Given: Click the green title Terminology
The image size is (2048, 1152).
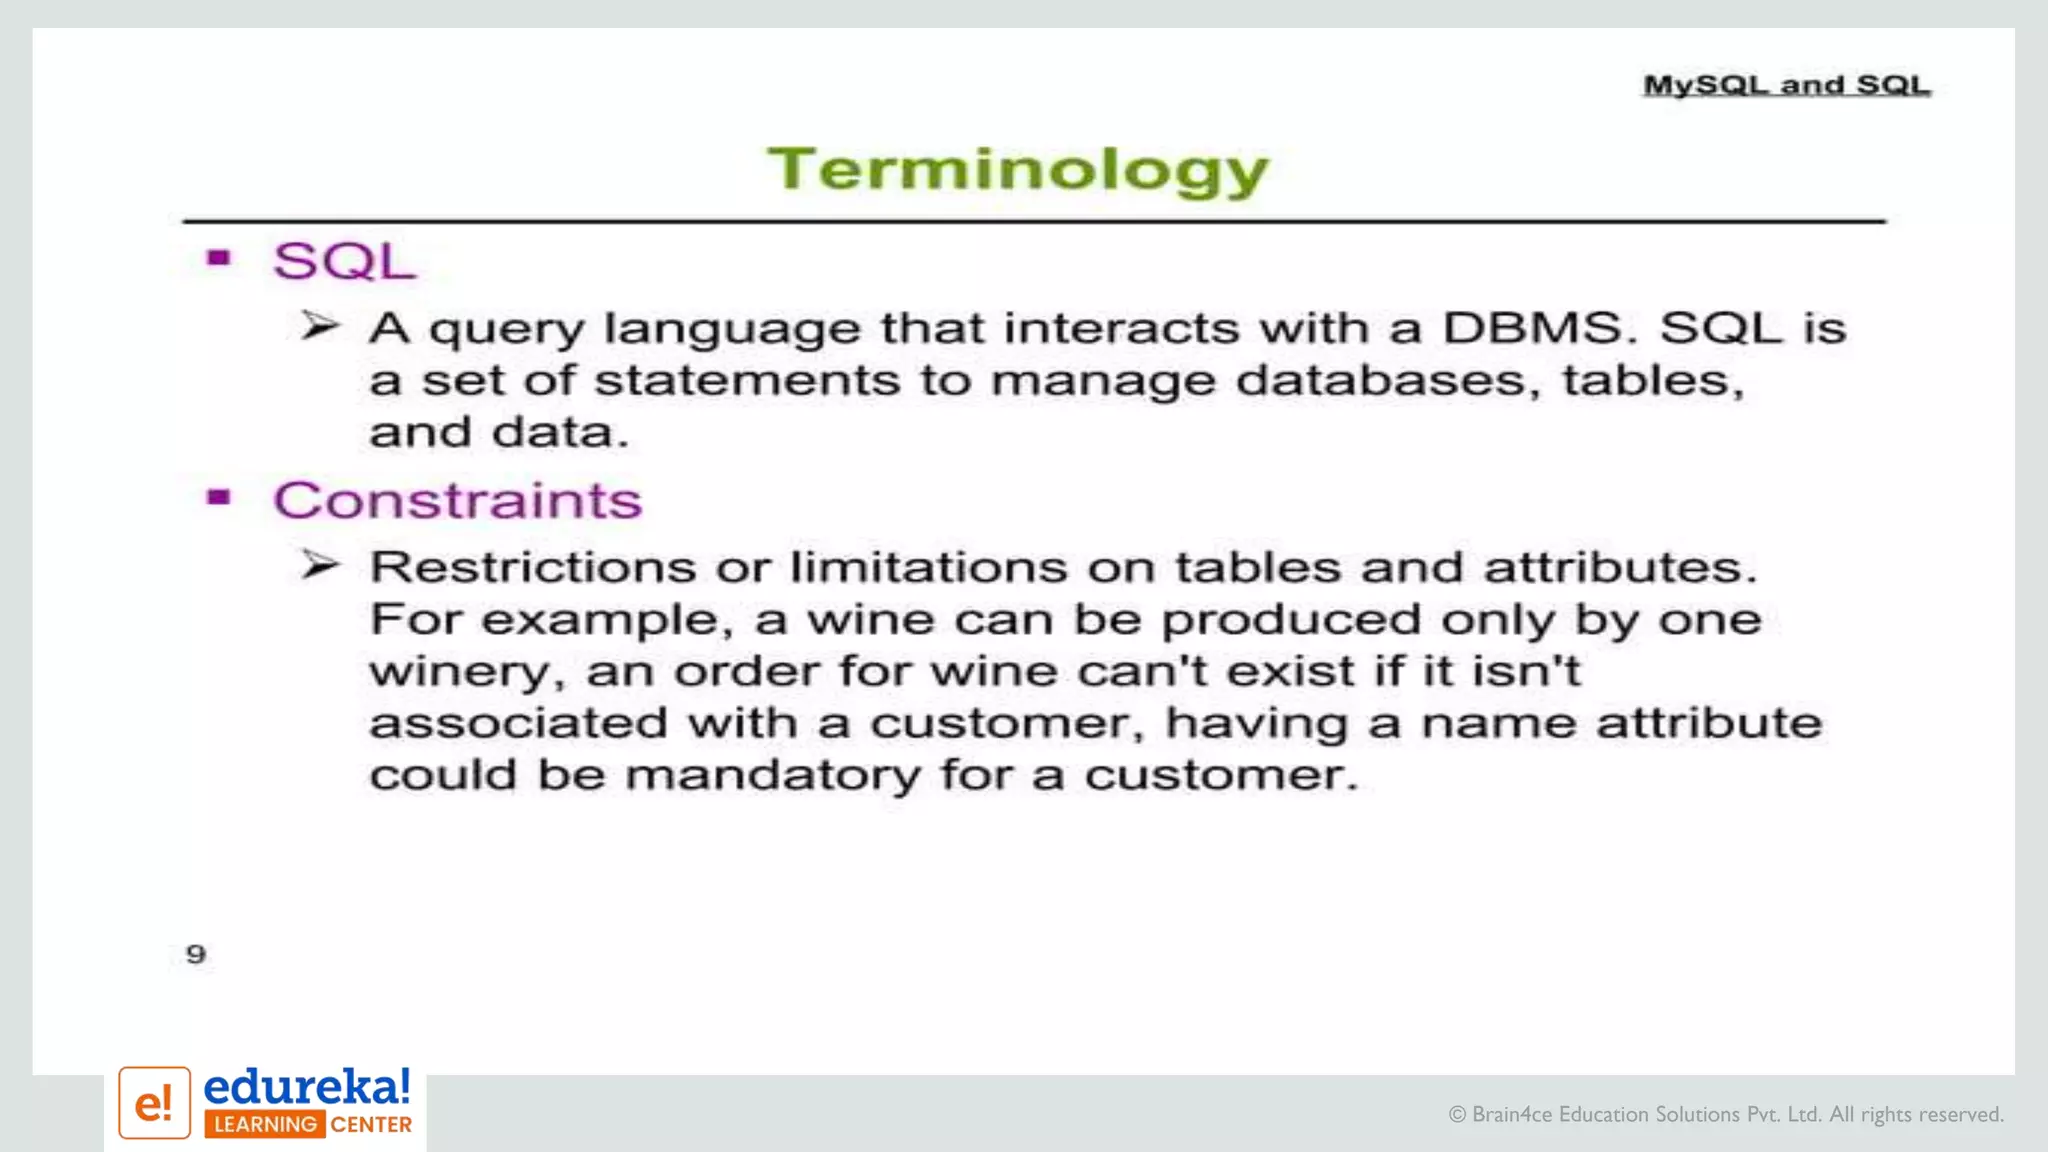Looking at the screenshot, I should coord(1017,170).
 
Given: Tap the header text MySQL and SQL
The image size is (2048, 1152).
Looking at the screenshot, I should coord(1787,85).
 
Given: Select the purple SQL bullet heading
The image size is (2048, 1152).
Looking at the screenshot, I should coord(344,262).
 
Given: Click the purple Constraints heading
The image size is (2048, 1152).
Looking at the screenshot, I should coord(458,500).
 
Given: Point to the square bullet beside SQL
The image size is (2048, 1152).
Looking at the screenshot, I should coord(219,259).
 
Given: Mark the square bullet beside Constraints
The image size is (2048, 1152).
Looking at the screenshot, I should coord(219,497).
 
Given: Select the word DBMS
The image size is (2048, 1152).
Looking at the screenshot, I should coord(1532,328).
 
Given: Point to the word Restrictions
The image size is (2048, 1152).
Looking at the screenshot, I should coord(532,568).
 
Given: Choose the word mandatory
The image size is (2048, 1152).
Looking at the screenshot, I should coord(772,775).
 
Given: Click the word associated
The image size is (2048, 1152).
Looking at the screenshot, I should coord(518,723).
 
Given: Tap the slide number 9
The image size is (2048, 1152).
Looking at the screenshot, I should coord(196,954).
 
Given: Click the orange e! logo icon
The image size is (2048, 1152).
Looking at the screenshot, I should coord(154,1103).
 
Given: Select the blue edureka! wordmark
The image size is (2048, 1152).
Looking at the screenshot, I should coord(307,1087).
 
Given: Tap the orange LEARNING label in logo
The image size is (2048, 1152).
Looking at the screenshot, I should coord(265,1125).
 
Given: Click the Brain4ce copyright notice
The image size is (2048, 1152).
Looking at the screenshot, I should coord(1726,1114).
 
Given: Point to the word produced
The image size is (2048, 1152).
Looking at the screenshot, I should coord(1291,620).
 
